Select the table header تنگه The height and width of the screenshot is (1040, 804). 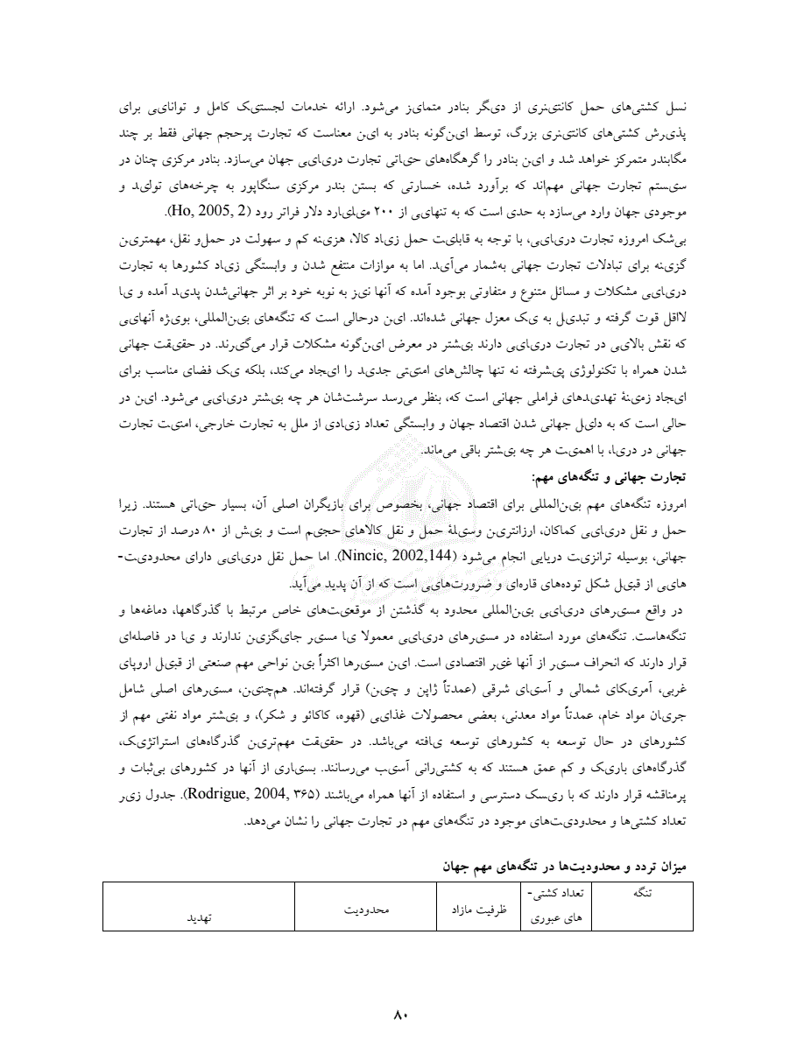tap(652, 893)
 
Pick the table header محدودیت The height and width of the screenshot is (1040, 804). tap(365, 910)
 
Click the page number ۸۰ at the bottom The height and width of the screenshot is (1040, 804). tap(402, 1015)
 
